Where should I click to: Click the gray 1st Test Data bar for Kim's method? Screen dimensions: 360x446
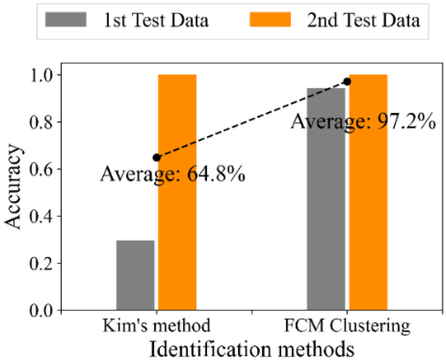pos(136,275)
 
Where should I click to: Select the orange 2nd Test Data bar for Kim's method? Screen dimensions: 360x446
pos(177,192)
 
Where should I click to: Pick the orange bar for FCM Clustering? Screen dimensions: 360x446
pos(368,192)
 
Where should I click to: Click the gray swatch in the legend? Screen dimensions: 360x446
pos(66,21)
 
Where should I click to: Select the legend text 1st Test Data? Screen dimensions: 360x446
pos(156,21)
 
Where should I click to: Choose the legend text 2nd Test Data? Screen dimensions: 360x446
pos(363,21)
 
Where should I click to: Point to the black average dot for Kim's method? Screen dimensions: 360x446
pos(157,157)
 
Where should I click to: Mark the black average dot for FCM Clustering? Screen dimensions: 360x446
pos(347,82)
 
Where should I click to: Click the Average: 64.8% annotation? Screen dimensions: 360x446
pos(172,174)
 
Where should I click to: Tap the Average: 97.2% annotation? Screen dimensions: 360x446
pos(364,123)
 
